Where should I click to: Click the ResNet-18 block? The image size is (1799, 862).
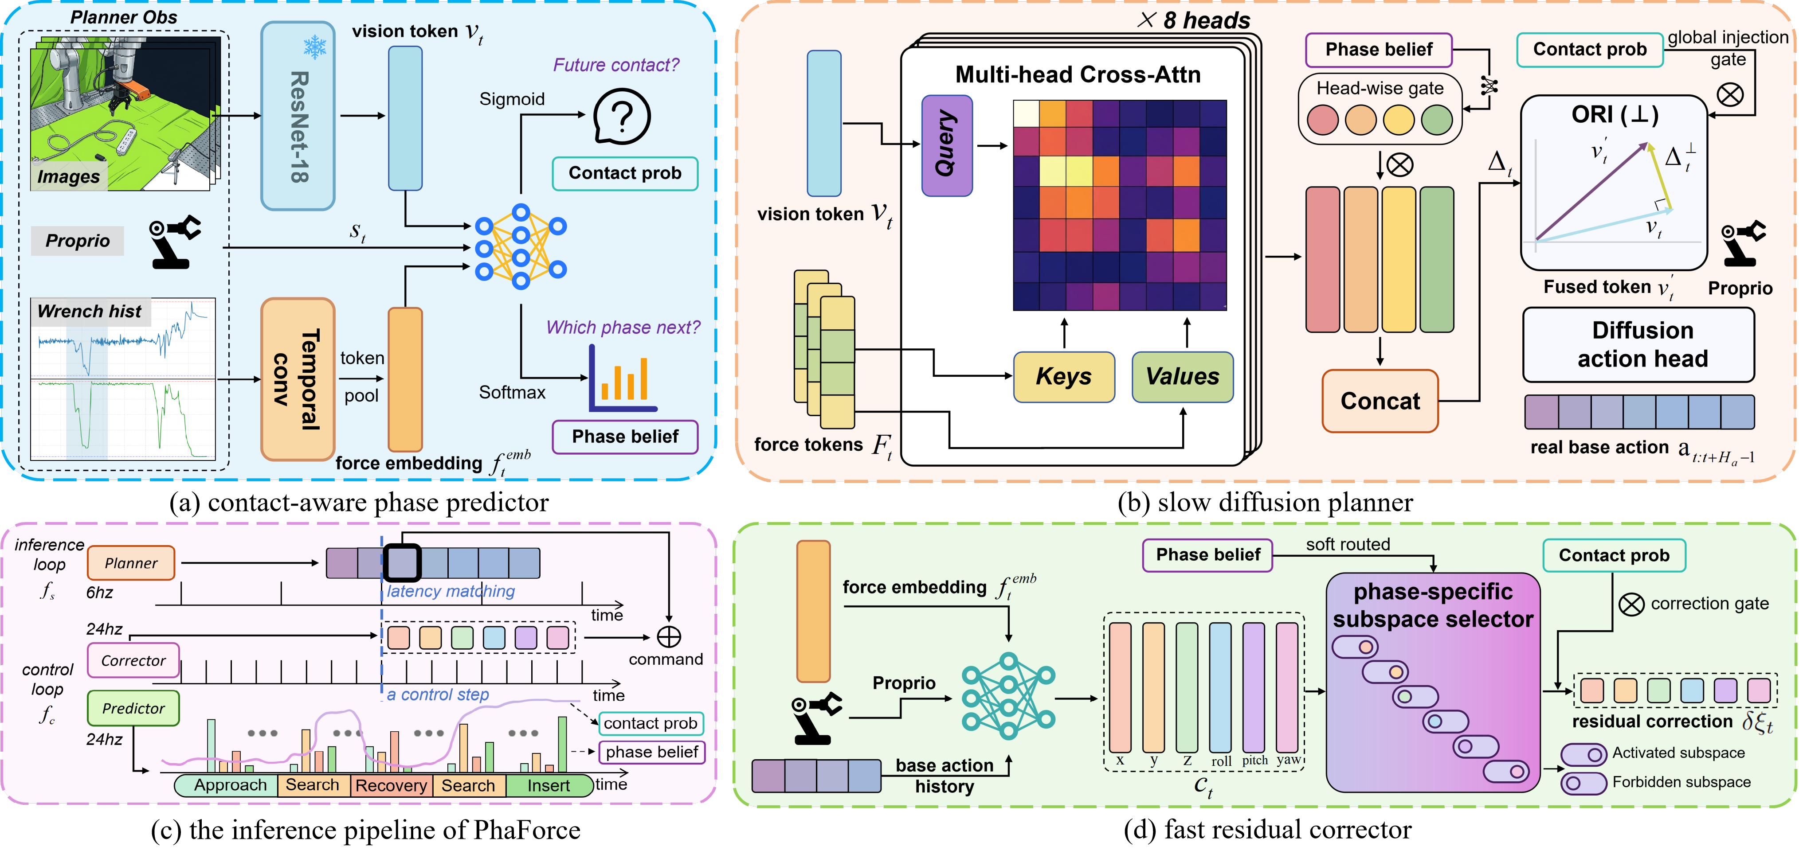(298, 116)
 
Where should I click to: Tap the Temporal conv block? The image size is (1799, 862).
(298, 379)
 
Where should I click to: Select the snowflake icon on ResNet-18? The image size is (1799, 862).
(315, 47)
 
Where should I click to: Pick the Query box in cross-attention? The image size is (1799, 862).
(947, 145)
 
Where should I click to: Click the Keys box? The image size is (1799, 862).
(1064, 377)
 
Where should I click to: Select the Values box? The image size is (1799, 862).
(1182, 377)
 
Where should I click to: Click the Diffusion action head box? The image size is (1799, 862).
(1638, 345)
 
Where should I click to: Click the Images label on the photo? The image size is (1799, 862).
(68, 176)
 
